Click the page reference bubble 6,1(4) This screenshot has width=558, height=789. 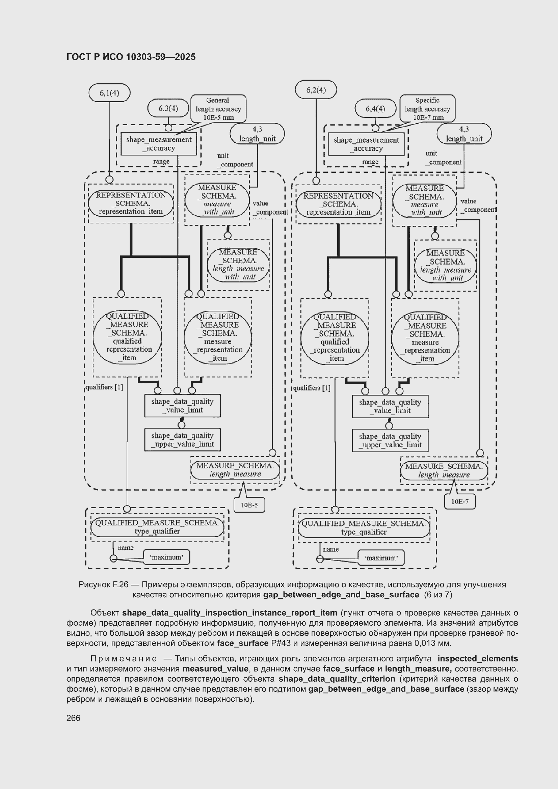[x=109, y=93]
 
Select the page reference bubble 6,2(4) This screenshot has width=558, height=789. [x=316, y=90]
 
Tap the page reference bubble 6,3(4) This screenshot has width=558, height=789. [x=168, y=108]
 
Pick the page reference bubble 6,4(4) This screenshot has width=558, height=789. [x=375, y=109]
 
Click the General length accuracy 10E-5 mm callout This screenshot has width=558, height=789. [x=218, y=109]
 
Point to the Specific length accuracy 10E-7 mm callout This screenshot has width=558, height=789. [x=427, y=109]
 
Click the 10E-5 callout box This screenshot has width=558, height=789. [x=249, y=505]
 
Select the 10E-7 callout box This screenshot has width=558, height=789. [x=460, y=502]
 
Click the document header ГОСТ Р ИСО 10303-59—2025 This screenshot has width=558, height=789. [x=131, y=57]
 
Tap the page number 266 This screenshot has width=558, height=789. [x=73, y=718]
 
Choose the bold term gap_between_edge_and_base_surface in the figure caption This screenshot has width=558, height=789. [x=341, y=595]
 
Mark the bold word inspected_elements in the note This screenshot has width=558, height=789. [x=478, y=658]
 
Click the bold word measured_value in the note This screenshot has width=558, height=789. [x=215, y=669]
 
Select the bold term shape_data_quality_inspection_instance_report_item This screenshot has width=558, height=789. [x=230, y=613]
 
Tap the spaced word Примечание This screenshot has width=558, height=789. [x=124, y=658]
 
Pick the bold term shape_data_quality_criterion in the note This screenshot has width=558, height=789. [x=337, y=679]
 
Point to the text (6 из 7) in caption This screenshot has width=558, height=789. [x=438, y=595]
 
